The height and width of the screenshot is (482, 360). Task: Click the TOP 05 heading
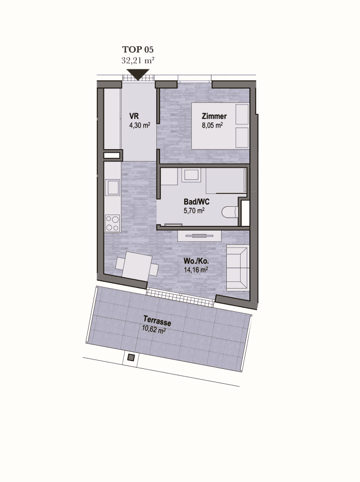[x=138, y=49]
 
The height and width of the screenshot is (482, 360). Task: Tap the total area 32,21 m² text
[x=138, y=60]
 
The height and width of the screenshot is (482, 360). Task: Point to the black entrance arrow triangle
[x=138, y=75]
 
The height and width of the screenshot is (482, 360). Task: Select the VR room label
[x=134, y=116]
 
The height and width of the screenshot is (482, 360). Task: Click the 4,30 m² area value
[x=140, y=126]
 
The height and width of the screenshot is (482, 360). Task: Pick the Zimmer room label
[x=214, y=116]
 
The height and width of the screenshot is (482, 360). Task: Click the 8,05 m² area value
[x=212, y=126]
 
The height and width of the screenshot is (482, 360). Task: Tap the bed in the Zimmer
[x=220, y=126]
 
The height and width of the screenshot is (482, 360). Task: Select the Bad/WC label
[x=196, y=202]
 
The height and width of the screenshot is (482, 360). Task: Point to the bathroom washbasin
[x=191, y=175]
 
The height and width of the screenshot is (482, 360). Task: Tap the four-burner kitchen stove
[x=112, y=223]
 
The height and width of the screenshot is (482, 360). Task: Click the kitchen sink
[x=112, y=188]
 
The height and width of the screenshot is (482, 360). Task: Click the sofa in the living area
[x=238, y=268]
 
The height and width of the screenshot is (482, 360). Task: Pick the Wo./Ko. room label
[x=196, y=261]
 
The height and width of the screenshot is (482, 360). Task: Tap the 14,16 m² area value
[x=196, y=270]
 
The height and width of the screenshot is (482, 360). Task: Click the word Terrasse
[x=157, y=321]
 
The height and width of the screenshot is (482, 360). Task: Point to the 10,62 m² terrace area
[x=154, y=330]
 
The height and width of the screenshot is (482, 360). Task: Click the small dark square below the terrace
[x=131, y=358]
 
